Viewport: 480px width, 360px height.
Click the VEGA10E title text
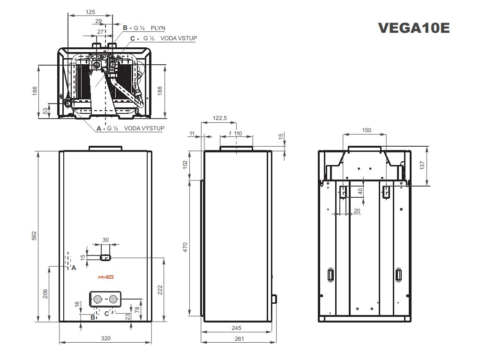(414, 28)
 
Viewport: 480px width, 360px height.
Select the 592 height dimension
(34, 236)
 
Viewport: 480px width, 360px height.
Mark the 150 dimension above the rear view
(367, 130)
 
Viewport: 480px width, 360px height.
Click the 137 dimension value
(424, 166)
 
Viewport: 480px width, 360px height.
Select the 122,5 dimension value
(219, 119)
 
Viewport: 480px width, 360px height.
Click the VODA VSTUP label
(179, 38)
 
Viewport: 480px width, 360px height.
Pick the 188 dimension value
(160, 90)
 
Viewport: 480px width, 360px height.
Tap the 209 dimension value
(45, 294)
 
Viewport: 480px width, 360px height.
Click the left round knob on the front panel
(97, 299)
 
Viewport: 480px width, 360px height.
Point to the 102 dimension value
(185, 165)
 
